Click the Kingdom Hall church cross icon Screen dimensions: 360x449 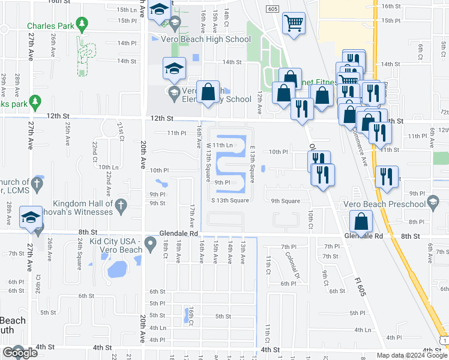click(x=121, y=205)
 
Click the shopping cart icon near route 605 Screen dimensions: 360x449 click(x=294, y=24)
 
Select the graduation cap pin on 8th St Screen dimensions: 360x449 click(x=31, y=218)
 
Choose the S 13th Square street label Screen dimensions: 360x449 click(x=229, y=200)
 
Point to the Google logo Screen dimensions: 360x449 click(x=20, y=353)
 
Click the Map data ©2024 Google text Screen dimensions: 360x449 click(x=411, y=355)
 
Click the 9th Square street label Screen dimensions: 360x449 click(x=285, y=201)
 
